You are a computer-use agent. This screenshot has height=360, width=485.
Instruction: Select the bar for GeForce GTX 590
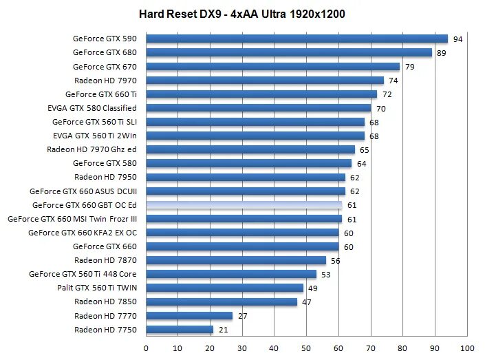[297, 39]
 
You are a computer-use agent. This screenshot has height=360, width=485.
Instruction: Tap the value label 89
[443, 53]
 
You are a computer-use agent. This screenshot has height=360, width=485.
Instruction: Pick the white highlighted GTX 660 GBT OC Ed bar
[244, 205]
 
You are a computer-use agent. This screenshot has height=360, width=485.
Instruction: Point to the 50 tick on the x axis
[307, 348]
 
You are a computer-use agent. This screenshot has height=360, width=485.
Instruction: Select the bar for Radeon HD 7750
[180, 330]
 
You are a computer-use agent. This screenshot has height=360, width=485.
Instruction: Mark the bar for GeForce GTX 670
[272, 67]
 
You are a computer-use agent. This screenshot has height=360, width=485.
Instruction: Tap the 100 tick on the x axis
[468, 348]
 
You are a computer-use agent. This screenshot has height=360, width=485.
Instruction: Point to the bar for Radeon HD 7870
[236, 260]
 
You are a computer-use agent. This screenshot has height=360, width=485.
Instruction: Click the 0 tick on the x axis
[146, 348]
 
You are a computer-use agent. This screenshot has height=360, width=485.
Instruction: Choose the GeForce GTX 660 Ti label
[101, 94]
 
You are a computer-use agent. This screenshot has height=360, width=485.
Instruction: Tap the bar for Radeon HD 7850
[222, 301]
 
